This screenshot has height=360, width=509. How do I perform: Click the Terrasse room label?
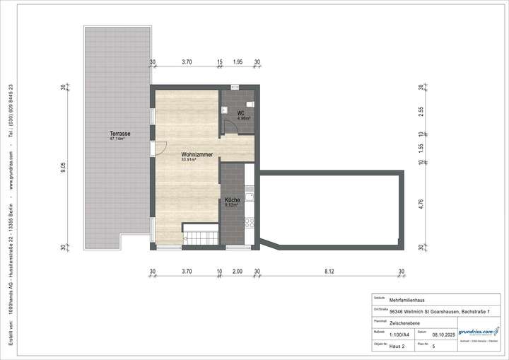[119, 134]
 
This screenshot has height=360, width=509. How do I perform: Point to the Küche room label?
[232, 200]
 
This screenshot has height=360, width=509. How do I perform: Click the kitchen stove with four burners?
[248, 222]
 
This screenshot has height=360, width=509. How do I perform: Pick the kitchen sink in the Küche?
[248, 192]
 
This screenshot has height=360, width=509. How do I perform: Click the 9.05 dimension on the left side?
[64, 168]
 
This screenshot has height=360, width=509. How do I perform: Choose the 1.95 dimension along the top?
[238, 62]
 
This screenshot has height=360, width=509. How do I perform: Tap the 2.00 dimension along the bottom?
[237, 271]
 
